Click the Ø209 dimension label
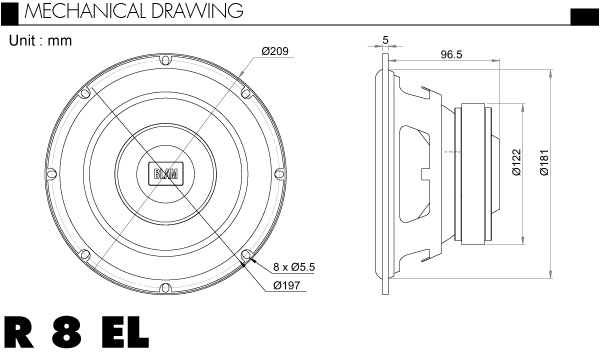(275, 51)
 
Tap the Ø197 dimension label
(287, 285)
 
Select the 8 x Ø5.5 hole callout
(294, 267)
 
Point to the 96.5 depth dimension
(451, 54)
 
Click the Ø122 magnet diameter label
(517, 162)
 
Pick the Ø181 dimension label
(544, 162)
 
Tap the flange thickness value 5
(385, 40)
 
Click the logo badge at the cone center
(166, 174)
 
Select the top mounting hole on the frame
(165, 60)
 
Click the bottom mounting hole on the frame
(165, 288)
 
